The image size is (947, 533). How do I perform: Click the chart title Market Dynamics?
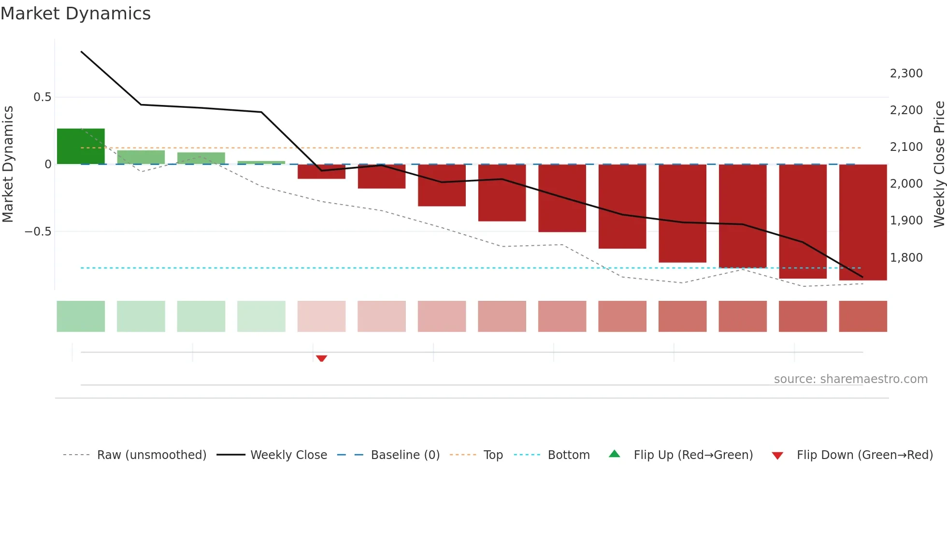point(75,14)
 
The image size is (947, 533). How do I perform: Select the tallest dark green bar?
point(81,146)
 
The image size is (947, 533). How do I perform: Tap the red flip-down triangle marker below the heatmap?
point(321,358)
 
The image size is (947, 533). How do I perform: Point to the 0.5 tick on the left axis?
point(42,97)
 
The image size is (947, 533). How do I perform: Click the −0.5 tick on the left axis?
point(38,232)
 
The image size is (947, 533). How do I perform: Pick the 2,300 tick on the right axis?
point(906,74)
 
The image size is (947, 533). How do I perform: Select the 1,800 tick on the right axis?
point(906,258)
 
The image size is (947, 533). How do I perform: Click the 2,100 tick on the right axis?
point(906,147)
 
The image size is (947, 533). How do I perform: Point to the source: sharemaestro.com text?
point(850,379)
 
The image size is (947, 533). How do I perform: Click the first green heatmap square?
point(81,316)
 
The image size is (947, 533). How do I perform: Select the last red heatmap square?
point(863,316)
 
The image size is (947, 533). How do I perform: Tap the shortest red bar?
point(321,172)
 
